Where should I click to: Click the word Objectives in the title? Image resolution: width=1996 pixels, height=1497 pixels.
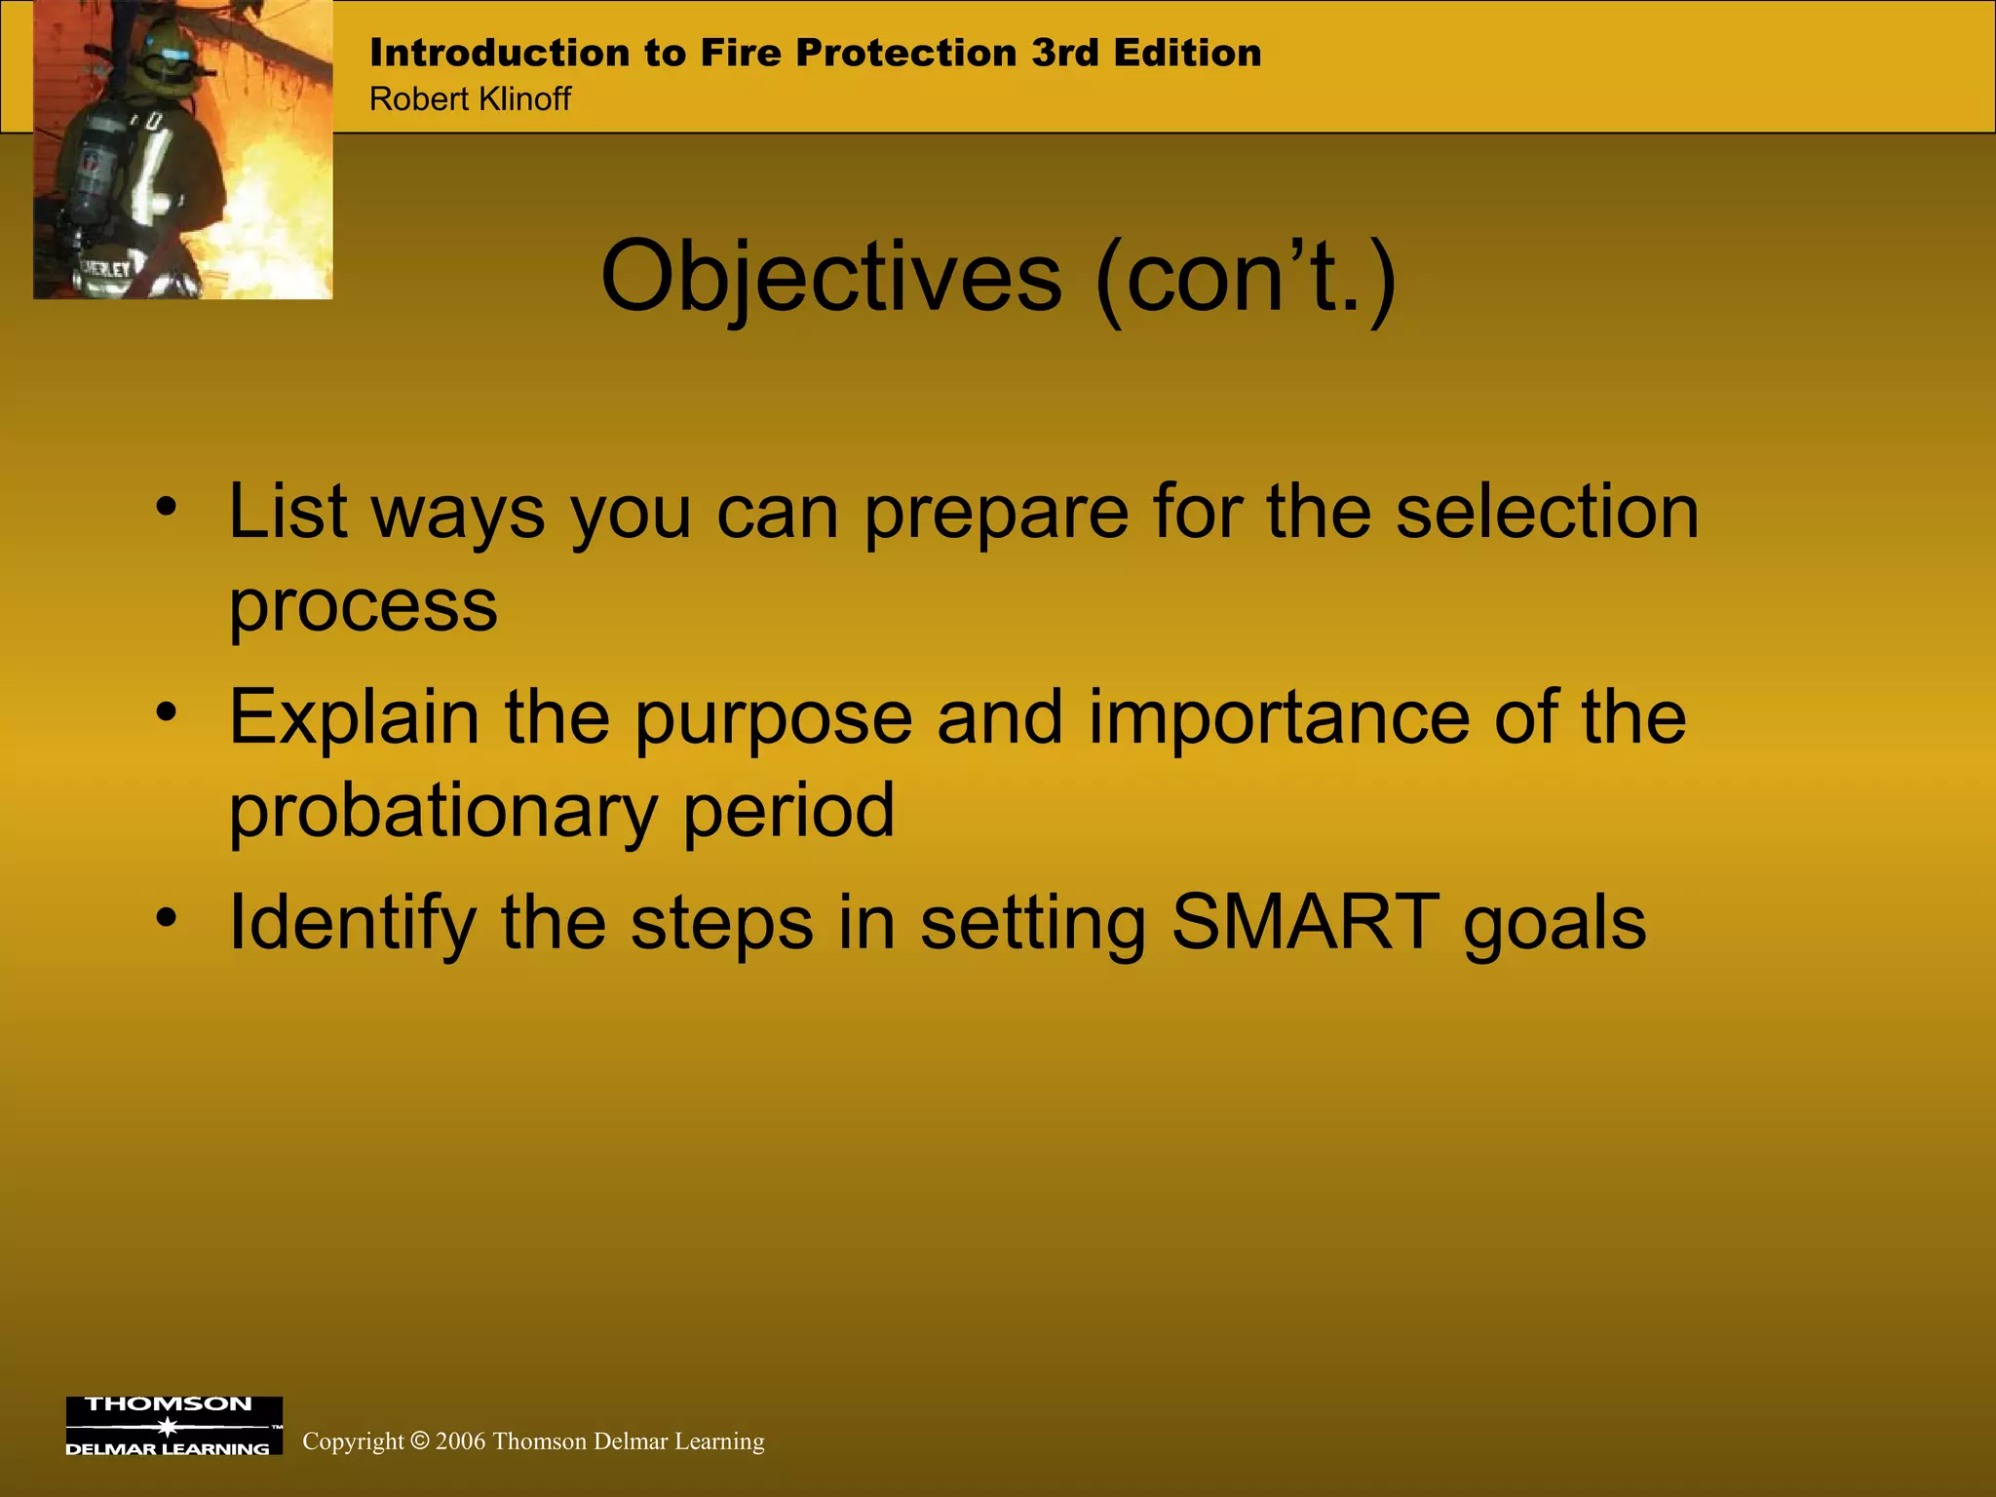point(830,278)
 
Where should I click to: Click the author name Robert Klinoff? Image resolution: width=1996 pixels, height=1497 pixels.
point(470,99)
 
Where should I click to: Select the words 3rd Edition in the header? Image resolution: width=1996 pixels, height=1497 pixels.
point(1146,53)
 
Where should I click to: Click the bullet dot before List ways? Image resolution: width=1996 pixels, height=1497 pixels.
point(167,507)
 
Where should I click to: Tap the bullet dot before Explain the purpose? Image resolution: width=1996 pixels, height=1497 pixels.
point(167,712)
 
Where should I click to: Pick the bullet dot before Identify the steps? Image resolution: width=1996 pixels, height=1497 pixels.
point(167,917)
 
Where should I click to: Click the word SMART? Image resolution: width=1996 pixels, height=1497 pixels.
point(1305,921)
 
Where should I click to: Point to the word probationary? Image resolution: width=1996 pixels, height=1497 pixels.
point(442,812)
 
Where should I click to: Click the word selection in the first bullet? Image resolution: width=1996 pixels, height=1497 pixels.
point(1547,512)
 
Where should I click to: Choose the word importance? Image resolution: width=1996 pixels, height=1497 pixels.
point(1278,718)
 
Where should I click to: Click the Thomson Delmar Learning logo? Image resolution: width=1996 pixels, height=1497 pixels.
point(173,1426)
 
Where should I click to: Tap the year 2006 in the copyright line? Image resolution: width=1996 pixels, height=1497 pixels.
point(460,1441)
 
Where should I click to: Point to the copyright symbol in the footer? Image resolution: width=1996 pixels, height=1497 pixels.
point(420,1440)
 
